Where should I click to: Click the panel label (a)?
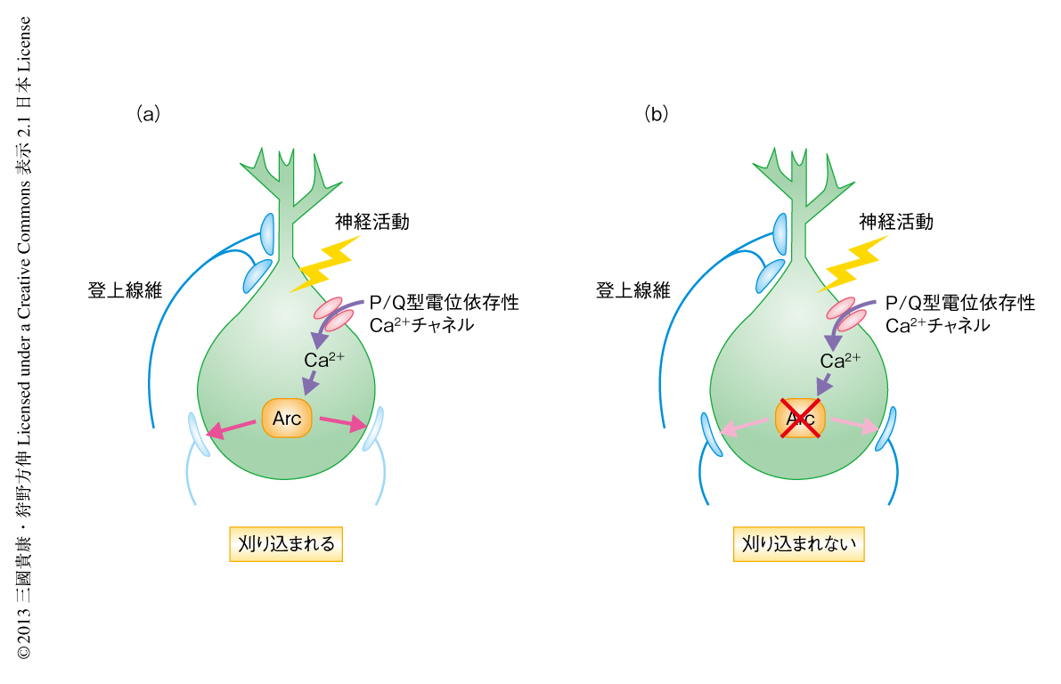(147, 114)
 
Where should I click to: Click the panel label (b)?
(657, 114)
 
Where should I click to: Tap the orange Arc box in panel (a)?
(287, 419)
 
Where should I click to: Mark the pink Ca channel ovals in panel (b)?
(845, 313)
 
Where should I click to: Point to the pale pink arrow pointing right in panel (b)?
(855, 424)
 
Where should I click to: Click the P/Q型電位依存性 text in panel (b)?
(959, 304)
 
